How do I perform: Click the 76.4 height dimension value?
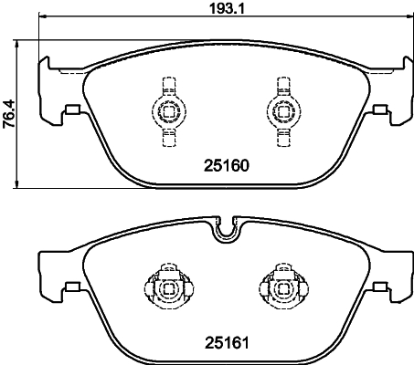9,115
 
